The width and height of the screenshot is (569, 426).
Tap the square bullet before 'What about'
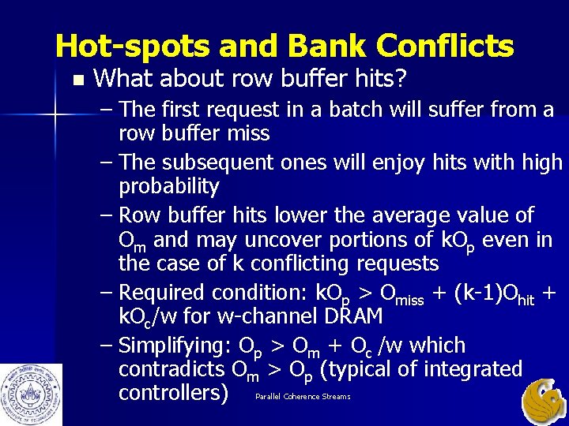coord(77,80)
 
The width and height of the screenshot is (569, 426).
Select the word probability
coord(168,186)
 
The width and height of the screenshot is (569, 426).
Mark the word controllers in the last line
coord(173,392)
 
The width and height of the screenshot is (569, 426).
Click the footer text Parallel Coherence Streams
coord(303,397)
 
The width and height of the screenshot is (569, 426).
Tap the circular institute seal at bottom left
coord(31,394)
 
